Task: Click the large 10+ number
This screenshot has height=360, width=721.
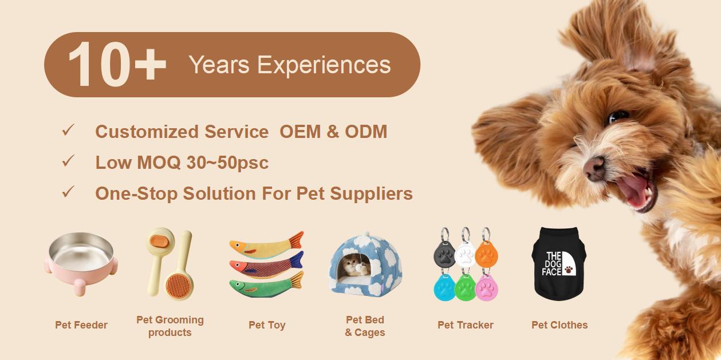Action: point(117,65)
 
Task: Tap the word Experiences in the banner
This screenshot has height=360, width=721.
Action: point(324,65)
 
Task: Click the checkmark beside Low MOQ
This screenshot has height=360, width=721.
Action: point(68,162)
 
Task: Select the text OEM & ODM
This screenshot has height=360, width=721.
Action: point(333,132)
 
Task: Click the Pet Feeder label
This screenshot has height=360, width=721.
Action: point(81,325)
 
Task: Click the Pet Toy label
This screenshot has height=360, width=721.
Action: point(267,325)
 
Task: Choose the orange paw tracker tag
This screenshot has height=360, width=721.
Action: point(486,255)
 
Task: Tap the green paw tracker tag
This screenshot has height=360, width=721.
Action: point(465,288)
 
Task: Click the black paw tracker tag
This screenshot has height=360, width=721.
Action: point(444,255)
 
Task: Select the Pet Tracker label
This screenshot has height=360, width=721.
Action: point(466,325)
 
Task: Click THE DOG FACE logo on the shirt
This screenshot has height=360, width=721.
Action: point(558,263)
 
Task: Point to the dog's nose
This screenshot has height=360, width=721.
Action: point(594,168)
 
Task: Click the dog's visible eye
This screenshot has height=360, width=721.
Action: point(618,117)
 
